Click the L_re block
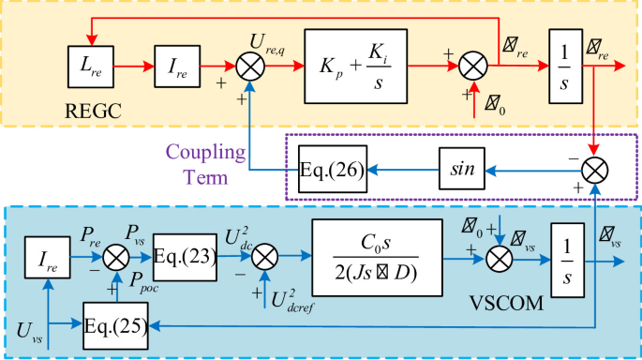tap(90, 68)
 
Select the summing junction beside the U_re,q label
tap(248, 68)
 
